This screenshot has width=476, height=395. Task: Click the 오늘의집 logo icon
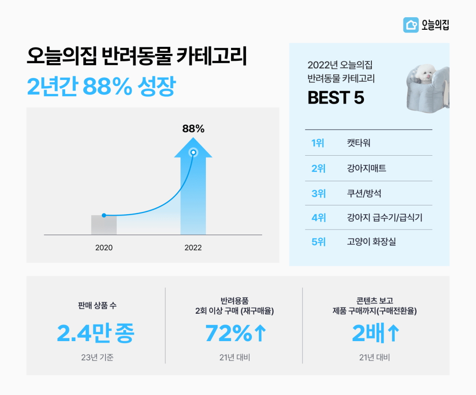click(410, 25)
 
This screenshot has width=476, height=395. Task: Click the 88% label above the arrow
click(193, 129)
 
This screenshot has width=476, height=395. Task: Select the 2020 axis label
click(104, 248)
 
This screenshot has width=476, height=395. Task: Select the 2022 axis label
click(193, 248)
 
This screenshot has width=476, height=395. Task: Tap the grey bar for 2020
click(104, 225)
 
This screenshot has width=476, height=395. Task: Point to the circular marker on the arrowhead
click(193, 152)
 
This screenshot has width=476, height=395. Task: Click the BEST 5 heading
click(336, 98)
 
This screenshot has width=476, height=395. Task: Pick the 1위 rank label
click(318, 143)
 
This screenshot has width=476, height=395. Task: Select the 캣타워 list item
click(358, 143)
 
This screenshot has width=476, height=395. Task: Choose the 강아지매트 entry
click(366, 168)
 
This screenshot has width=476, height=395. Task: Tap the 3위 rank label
click(318, 193)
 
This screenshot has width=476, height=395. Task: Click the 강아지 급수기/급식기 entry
click(384, 217)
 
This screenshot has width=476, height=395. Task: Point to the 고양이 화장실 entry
click(371, 242)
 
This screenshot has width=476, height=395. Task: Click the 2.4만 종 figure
click(95, 333)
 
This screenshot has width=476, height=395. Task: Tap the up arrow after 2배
click(393, 334)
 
